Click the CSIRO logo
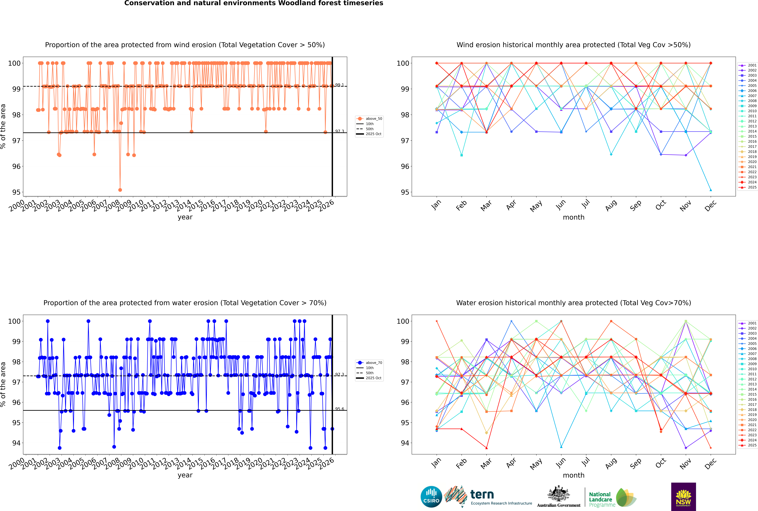coord(431,497)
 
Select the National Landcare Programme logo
coord(613,498)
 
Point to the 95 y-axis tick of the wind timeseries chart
coord(16,192)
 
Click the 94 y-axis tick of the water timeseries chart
coord(16,443)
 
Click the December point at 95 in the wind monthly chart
coord(711,190)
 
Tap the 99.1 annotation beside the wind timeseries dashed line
coord(340,85)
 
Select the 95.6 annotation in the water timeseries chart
coord(340,409)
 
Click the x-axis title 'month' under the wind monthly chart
coord(574,217)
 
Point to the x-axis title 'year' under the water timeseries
coord(185,475)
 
